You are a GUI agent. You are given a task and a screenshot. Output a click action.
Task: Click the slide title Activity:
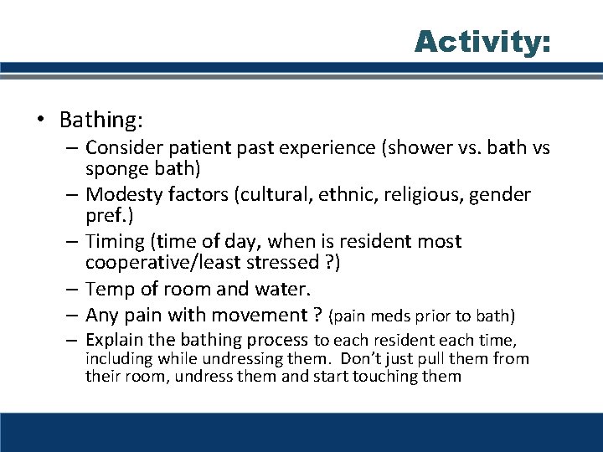click(x=482, y=41)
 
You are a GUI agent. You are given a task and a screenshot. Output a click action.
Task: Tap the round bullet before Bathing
click(x=40, y=121)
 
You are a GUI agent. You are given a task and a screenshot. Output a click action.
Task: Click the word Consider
click(x=126, y=147)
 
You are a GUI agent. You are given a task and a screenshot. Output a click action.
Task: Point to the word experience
click(x=333, y=147)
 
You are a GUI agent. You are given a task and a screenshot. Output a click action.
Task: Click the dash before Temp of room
click(x=71, y=289)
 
